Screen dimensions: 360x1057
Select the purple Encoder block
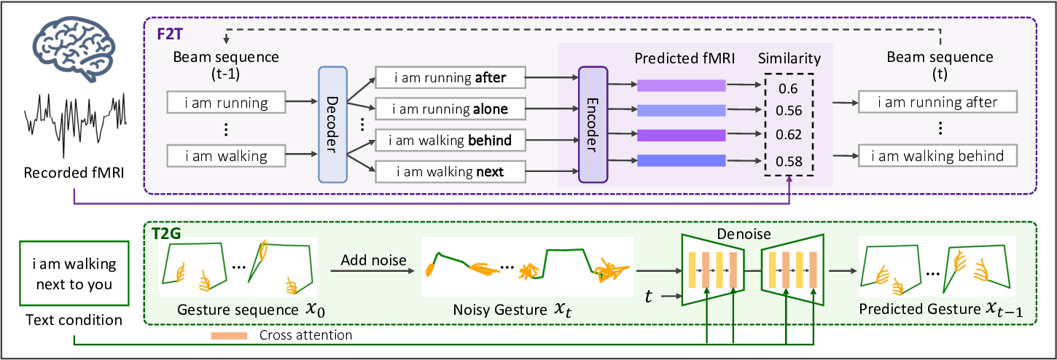point(592,124)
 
